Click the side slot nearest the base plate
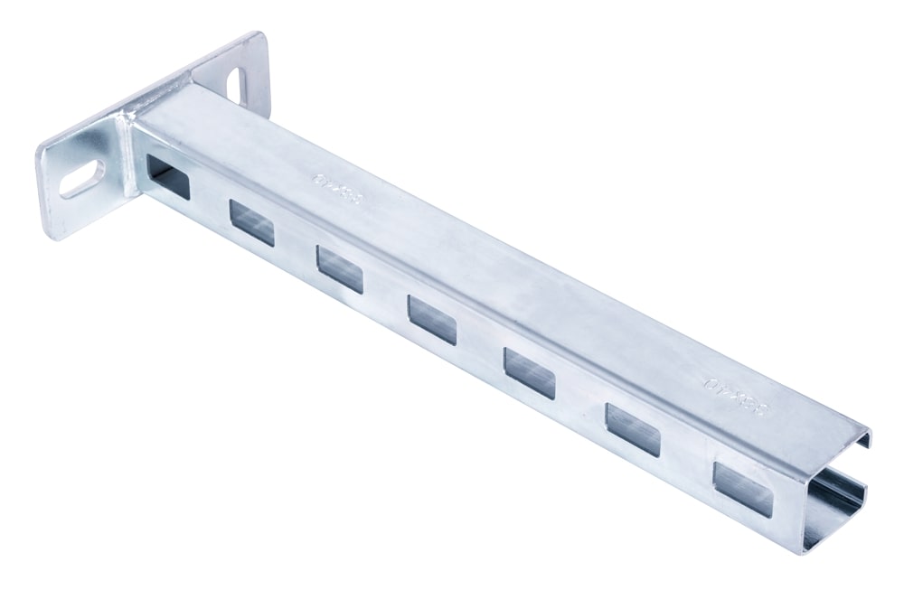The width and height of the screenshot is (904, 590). point(169,177)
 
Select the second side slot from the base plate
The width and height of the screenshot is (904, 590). point(251,223)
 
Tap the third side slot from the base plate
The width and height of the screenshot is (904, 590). point(339,269)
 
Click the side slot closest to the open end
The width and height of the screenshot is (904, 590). point(742,488)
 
